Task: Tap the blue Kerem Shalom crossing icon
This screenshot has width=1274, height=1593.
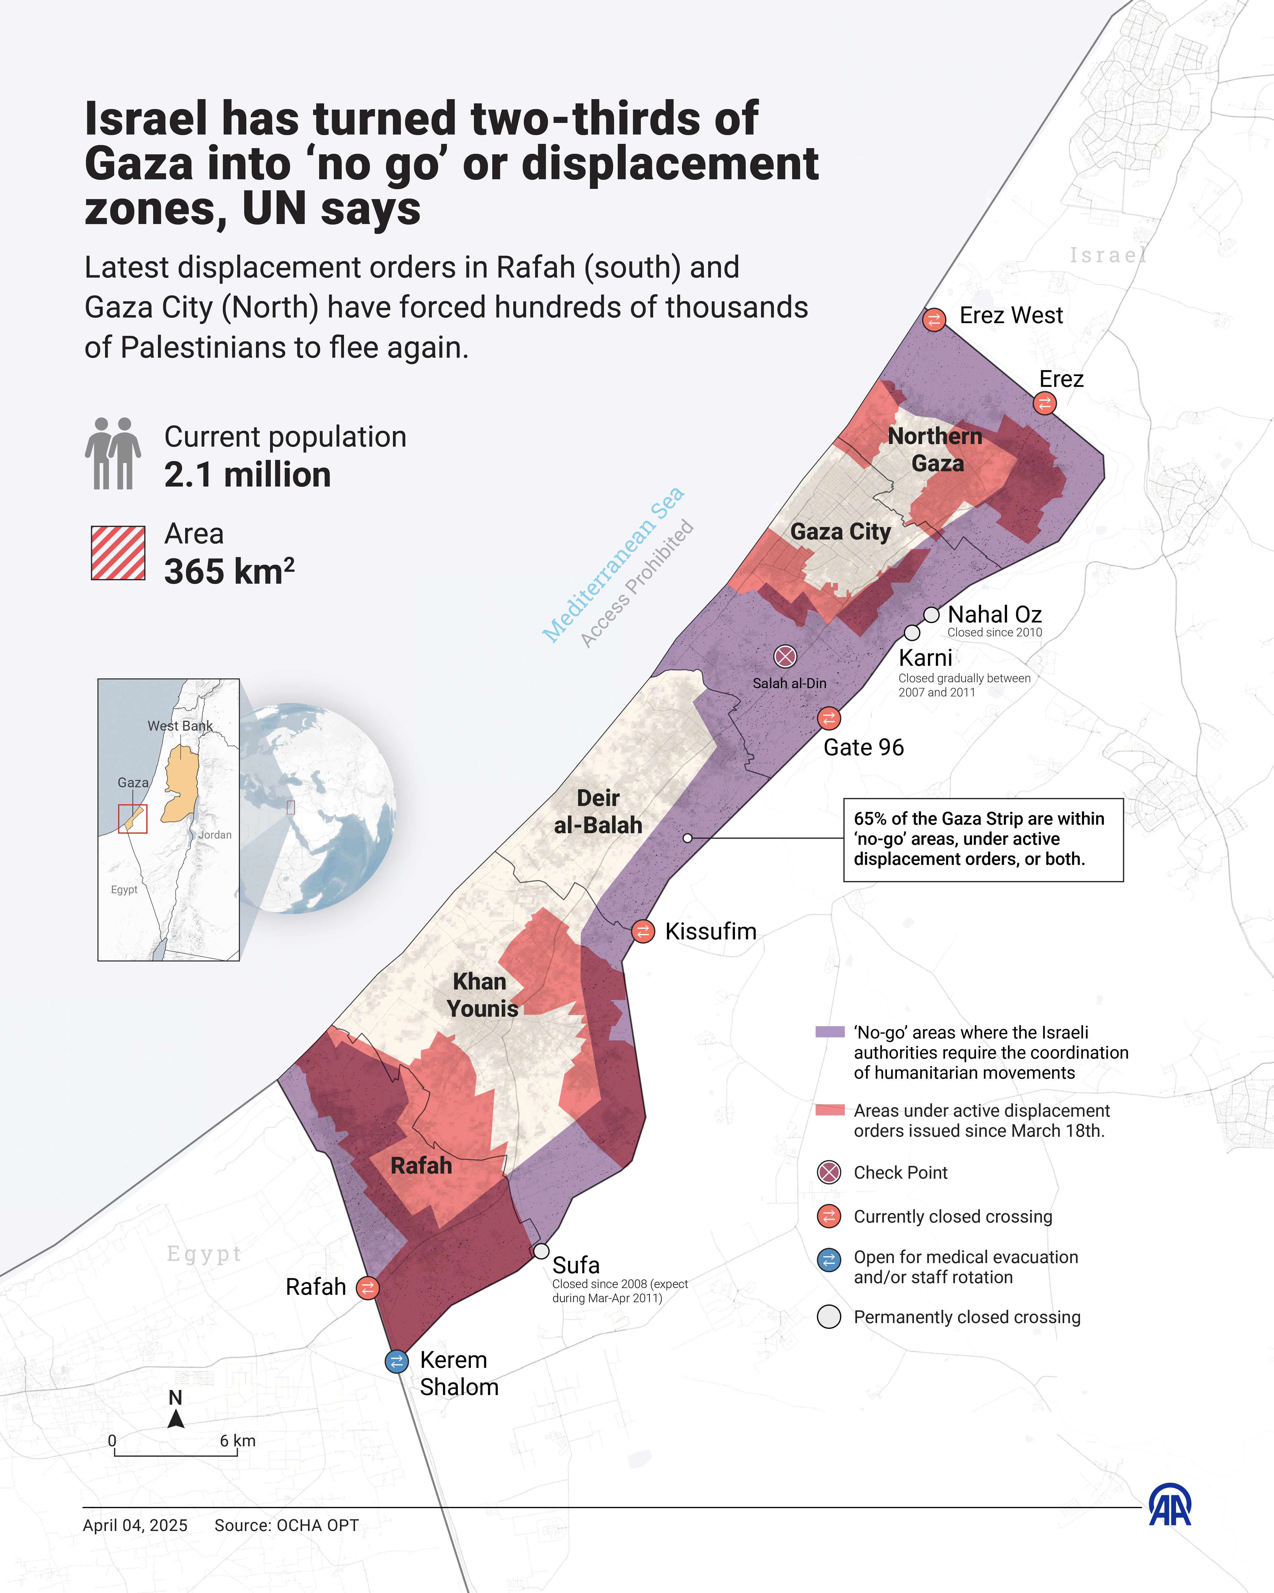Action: [397, 1361]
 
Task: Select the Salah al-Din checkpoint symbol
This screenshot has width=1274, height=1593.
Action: [785, 656]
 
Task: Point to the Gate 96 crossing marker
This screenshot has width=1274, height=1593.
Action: [829, 717]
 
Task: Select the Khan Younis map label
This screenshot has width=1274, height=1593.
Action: [482, 995]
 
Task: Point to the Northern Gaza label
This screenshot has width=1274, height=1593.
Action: [936, 449]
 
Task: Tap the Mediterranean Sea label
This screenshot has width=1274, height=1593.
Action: [613, 565]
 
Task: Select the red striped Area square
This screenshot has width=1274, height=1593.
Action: [118, 553]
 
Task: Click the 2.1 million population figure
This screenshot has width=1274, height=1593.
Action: [247, 475]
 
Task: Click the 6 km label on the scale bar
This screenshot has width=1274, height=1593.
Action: [237, 1441]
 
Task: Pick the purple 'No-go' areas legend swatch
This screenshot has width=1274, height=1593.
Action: [830, 1032]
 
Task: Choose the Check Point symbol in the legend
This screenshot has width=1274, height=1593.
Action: [830, 1172]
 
